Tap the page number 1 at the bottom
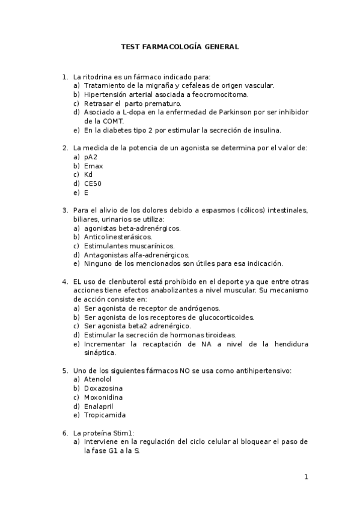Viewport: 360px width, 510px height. pos(306,477)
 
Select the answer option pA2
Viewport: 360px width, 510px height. pos(91,157)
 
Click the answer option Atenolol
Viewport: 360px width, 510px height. pos(97,379)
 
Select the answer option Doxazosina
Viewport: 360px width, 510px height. pos(102,389)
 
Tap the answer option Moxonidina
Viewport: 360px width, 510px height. pos(102,398)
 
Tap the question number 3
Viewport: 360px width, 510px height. pos(64,210)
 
